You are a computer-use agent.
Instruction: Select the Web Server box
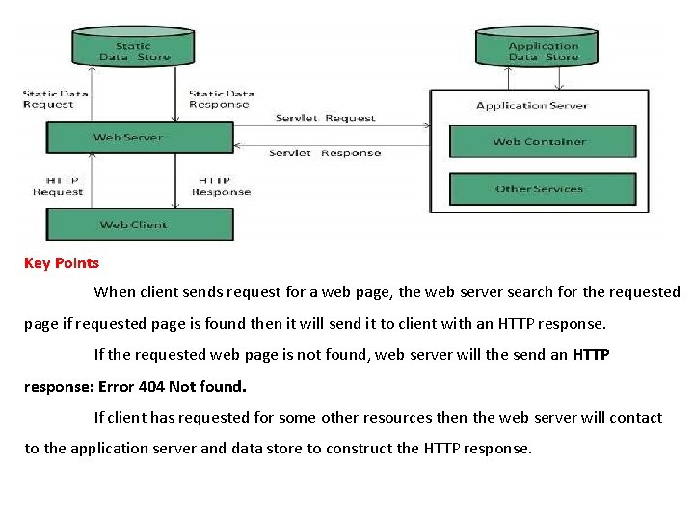[x=140, y=137]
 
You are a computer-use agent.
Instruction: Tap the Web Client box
[x=133, y=225]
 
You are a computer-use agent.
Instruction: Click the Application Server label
[x=539, y=105]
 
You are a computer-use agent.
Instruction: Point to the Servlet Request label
[x=325, y=118]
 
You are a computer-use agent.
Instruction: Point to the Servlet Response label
[x=325, y=153]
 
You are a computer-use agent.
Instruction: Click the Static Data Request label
[x=56, y=99]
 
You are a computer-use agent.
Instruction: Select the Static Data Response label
[x=219, y=99]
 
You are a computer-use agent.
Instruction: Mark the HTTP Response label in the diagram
[x=221, y=186]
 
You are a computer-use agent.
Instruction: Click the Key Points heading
[x=62, y=262]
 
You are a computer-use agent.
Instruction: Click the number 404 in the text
[x=151, y=387]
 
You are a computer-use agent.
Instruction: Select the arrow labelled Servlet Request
[x=331, y=126]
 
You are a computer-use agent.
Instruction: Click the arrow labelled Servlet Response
[x=331, y=144]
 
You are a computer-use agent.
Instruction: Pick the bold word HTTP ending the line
[x=591, y=355]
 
